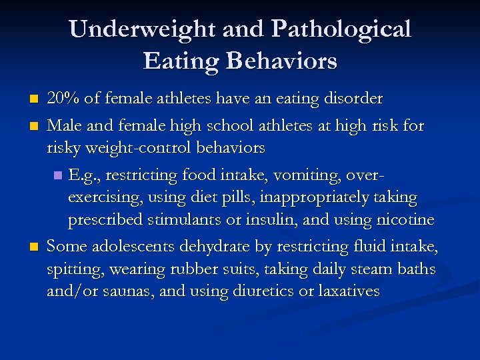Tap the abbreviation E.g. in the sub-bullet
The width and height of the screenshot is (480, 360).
point(83,175)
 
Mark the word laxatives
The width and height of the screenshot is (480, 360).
point(346,291)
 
